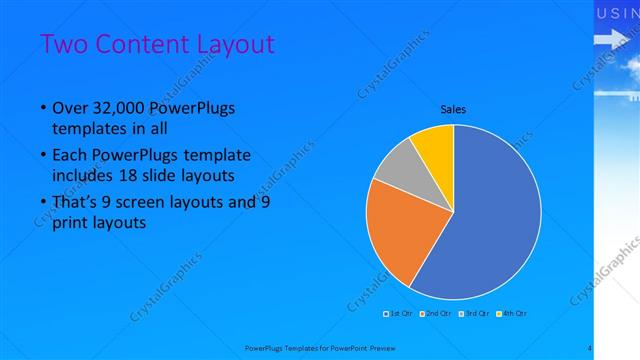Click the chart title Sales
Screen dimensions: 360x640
454,109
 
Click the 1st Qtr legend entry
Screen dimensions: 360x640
400,313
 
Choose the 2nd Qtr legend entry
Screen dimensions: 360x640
435,313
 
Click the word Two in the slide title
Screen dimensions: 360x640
63,45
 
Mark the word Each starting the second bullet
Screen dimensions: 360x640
71,156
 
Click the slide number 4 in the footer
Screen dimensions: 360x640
590,347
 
